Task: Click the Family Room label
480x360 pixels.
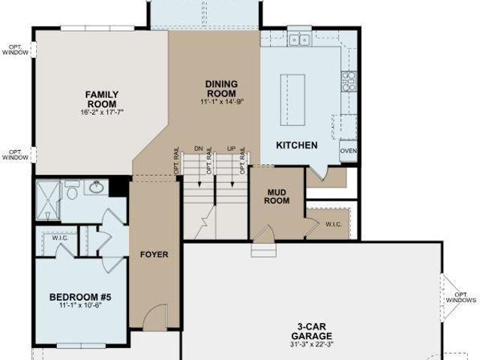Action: point(102,99)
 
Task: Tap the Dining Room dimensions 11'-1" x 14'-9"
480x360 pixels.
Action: point(222,102)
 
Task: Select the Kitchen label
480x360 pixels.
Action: point(297,145)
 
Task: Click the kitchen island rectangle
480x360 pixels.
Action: point(292,100)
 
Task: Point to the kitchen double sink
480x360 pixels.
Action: point(299,40)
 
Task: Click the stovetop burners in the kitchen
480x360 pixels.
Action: point(349,82)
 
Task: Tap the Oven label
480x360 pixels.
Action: point(348,151)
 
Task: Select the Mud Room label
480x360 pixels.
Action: point(277,196)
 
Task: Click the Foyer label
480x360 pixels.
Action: point(154,254)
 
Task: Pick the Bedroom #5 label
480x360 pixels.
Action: point(80,297)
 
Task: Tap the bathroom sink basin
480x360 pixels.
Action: point(96,187)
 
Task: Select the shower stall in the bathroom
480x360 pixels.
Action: point(48,200)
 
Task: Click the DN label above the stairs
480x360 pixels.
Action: point(199,148)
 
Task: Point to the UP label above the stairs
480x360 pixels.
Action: point(232,148)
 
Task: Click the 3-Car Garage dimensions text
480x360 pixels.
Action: point(311,344)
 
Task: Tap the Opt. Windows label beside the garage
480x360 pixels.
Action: point(460,297)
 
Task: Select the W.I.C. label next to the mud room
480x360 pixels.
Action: point(333,224)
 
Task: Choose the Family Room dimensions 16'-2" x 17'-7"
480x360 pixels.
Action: point(102,112)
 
